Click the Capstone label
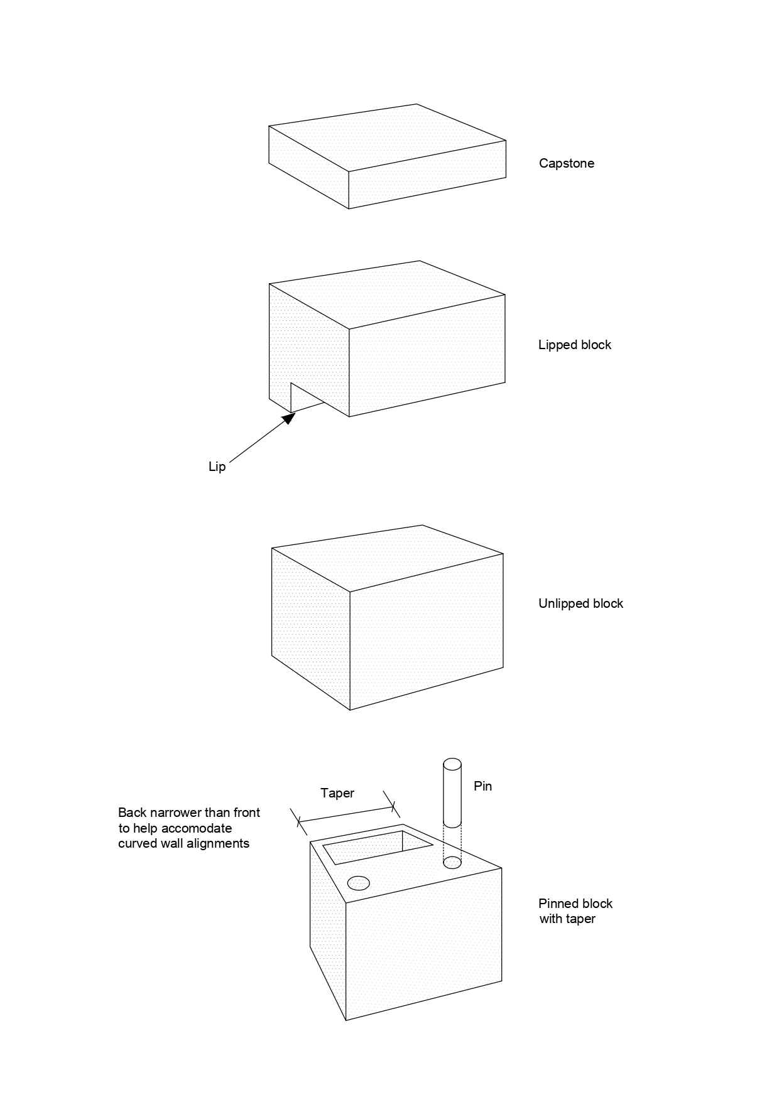(x=566, y=163)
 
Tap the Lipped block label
(x=574, y=345)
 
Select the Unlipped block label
(x=580, y=603)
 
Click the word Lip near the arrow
(x=217, y=467)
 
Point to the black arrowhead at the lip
(x=289, y=418)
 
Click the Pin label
(x=482, y=786)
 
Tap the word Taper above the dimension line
(x=337, y=793)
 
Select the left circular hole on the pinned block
(x=358, y=883)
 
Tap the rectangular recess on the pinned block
(x=377, y=847)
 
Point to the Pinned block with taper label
(x=575, y=911)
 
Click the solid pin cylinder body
(x=452, y=794)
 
